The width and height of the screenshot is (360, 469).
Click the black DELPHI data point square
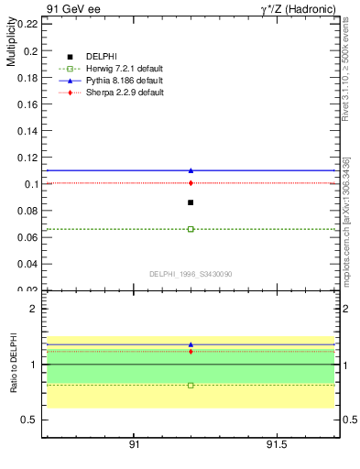click(x=191, y=202)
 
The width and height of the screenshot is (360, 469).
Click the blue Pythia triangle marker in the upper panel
click(x=191, y=170)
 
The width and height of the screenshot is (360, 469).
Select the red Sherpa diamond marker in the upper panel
click(x=191, y=183)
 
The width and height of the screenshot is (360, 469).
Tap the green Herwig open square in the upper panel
click(x=191, y=229)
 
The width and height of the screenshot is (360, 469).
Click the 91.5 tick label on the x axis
click(x=276, y=445)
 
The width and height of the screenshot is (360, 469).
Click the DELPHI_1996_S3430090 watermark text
click(x=190, y=273)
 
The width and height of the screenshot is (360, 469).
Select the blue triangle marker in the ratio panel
click(x=191, y=344)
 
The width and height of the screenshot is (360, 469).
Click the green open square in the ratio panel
click(x=191, y=386)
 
